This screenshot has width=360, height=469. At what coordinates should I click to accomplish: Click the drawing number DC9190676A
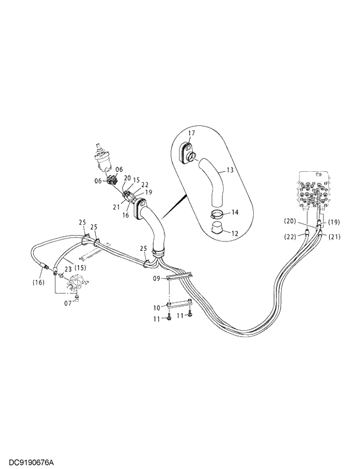pyautogui.click(x=27, y=462)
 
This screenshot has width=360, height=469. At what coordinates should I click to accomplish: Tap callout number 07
pyautogui.click(x=67, y=302)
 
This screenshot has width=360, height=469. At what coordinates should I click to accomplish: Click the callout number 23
pyautogui.click(x=68, y=269)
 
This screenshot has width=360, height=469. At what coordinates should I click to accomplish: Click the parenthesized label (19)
pyautogui.click(x=333, y=222)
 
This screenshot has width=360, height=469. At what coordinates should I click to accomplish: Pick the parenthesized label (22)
pyautogui.click(x=291, y=237)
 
